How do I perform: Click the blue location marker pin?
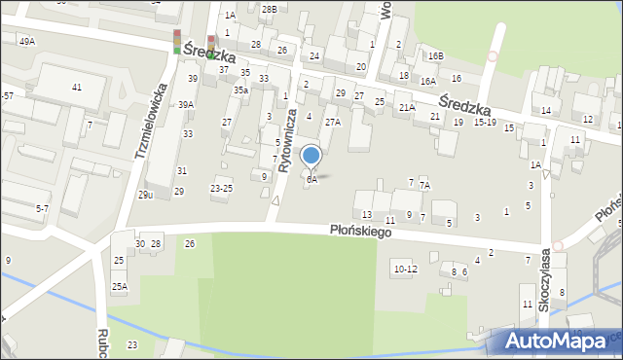point(311,156)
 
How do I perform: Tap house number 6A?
point(311,180)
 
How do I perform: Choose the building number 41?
point(76,88)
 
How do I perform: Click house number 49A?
point(26,41)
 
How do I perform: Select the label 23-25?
point(221,188)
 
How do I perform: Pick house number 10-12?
point(405,268)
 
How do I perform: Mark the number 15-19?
point(485,123)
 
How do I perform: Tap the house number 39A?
point(185,105)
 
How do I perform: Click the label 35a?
point(240,90)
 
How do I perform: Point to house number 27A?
point(332,123)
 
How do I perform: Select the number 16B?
point(434,56)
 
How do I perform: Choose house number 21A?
point(406,108)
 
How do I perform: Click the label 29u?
point(145,195)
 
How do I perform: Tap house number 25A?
point(119,286)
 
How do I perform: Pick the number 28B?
point(269,9)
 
